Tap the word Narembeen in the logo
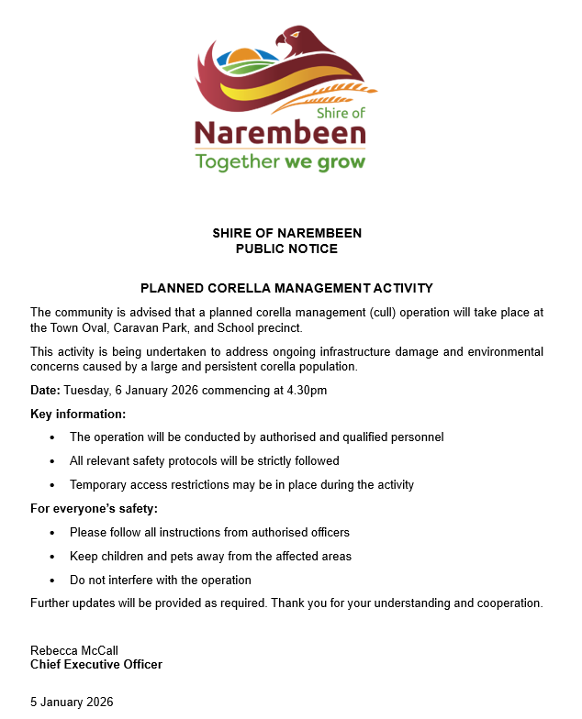coord(280,134)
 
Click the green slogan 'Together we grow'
coord(280,162)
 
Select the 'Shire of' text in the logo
coord(341,112)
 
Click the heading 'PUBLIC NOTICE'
coord(286,249)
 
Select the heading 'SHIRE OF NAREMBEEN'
coord(286,233)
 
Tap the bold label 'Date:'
coord(45,391)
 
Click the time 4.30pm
coord(308,391)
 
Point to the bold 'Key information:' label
coord(78,414)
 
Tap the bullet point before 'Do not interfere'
coord(51,581)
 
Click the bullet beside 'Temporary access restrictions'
coord(51,485)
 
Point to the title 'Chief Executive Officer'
coord(96,665)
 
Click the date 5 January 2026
coord(72,702)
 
